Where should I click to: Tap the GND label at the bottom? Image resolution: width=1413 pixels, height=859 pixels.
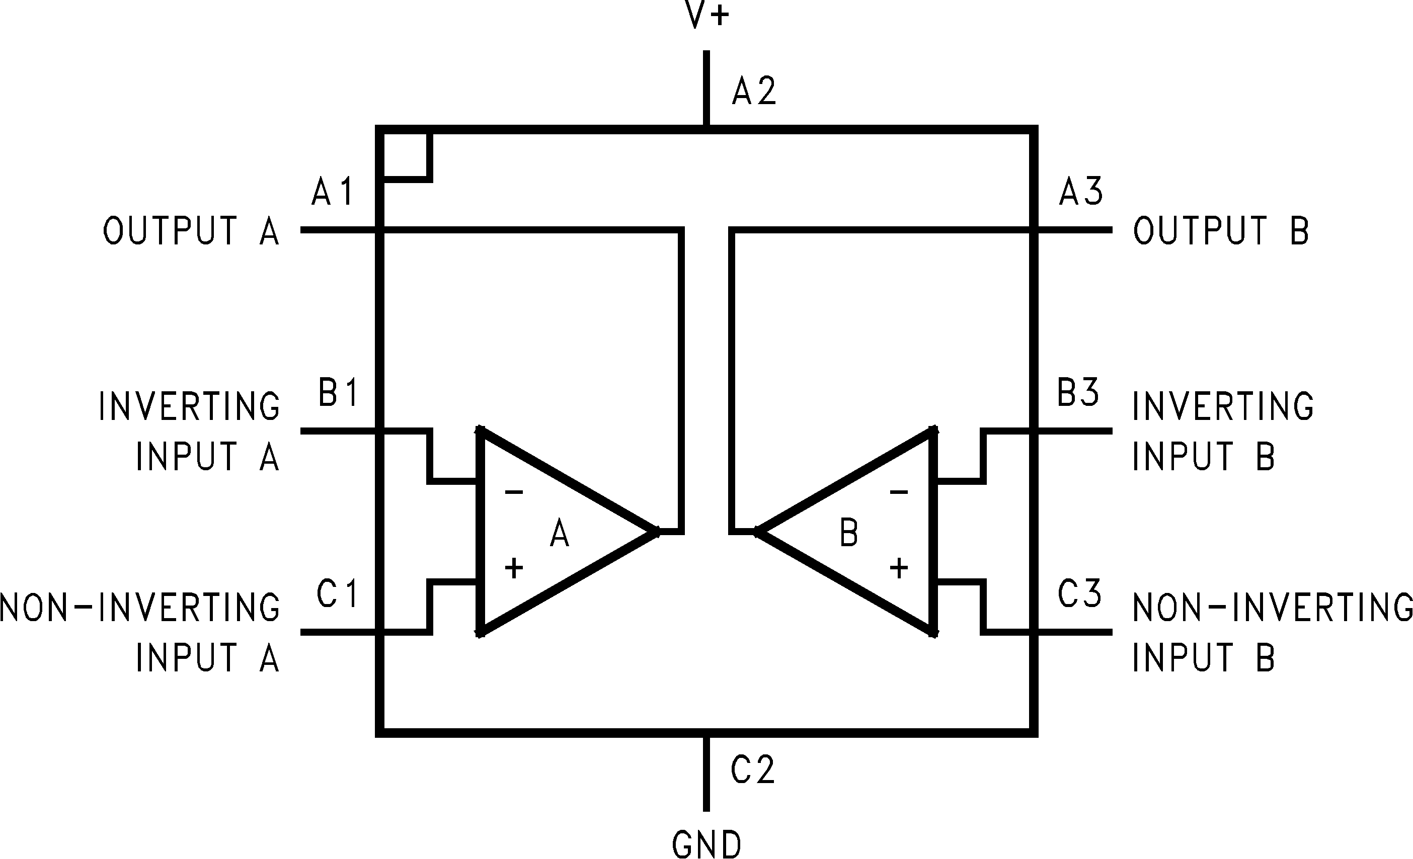click(x=706, y=843)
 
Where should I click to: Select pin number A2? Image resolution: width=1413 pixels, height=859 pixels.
click(x=754, y=92)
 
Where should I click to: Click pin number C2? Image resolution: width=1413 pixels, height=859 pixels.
click(x=752, y=769)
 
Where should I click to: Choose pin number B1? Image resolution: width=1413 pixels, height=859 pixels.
click(x=338, y=393)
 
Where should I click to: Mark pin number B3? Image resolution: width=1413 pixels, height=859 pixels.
click(x=1078, y=393)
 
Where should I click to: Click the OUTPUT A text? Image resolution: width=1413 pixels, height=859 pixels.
click(x=191, y=230)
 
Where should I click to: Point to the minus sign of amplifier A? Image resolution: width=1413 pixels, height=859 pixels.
click(x=514, y=492)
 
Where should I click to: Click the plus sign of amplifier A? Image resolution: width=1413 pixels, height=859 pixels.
click(x=514, y=568)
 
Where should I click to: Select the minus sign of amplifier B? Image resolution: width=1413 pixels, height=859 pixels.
click(x=899, y=492)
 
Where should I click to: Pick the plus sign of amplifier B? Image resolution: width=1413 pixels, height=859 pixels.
click(x=899, y=568)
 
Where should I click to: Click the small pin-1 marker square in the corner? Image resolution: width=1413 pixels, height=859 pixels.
click(x=406, y=156)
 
